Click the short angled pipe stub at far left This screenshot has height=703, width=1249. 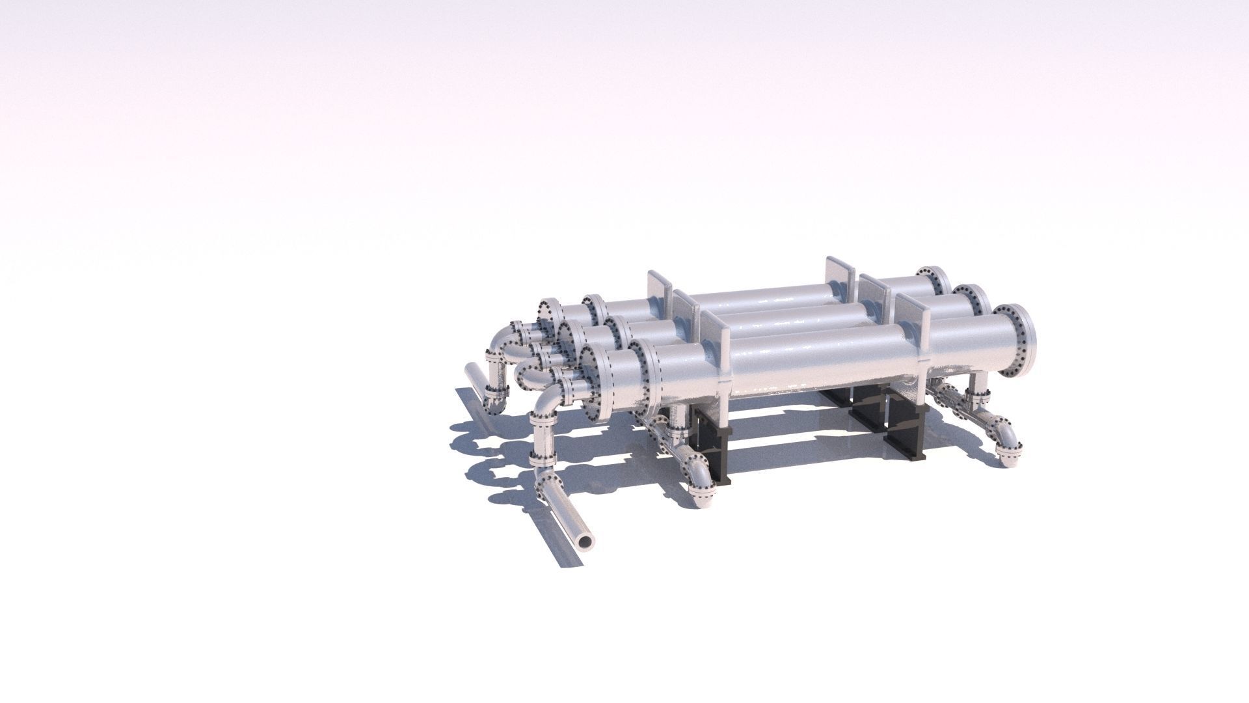[475, 387]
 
